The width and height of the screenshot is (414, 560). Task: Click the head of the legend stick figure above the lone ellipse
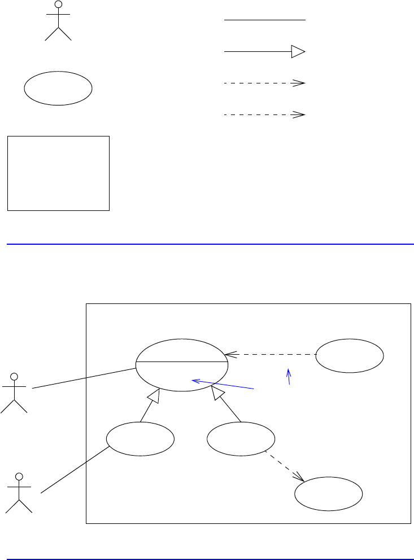58,5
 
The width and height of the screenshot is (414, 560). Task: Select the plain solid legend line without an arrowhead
264,20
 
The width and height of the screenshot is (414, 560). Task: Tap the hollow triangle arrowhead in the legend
298,52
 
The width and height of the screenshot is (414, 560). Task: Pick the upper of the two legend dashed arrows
264,83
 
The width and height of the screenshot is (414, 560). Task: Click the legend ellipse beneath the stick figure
58,88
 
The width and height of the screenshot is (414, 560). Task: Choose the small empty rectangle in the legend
58,173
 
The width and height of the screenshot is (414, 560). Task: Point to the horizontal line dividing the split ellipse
182,361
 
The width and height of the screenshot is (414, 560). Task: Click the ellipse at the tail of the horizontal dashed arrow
350,356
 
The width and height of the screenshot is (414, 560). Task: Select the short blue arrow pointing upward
289,377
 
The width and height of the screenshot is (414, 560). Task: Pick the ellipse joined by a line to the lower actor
140,439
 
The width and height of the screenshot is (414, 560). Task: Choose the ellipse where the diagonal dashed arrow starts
241,439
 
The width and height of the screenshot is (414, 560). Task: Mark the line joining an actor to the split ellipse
84,378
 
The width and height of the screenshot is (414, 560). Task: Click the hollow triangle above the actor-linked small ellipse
153,397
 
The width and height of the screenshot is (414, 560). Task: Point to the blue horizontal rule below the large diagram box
207,559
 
